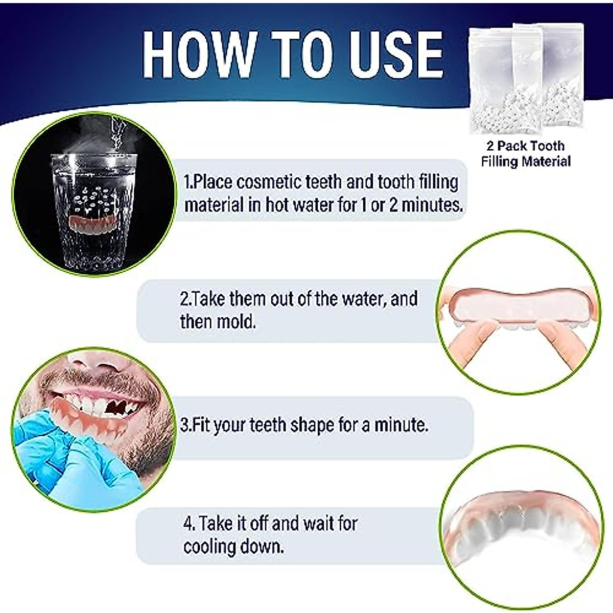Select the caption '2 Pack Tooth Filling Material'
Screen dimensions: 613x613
click(525, 154)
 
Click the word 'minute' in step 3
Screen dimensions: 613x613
click(400, 425)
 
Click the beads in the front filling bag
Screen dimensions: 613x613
click(493, 113)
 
